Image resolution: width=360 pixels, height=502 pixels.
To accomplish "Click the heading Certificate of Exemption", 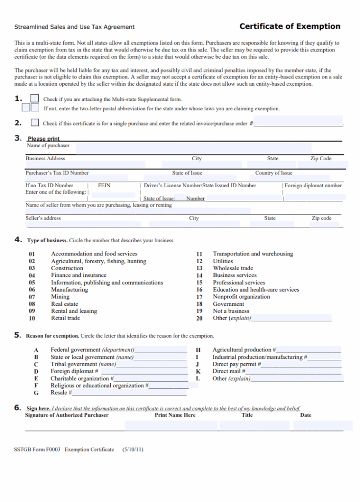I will pos(289,26).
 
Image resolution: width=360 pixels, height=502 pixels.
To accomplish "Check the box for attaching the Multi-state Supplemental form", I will pos(35,99).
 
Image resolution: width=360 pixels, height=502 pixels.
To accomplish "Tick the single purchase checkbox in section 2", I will pos(35,123).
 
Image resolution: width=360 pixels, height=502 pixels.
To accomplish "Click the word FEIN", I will pos(104,185).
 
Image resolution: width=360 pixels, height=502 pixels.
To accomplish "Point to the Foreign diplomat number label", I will pos(313,185).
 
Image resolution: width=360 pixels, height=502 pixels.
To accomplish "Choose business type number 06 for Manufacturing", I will pos(32,290).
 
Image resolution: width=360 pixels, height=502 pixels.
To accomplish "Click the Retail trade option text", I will pos(65,318).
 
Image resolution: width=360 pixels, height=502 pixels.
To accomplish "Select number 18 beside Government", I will pos(199,304).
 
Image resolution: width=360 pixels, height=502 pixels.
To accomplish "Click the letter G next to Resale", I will pos(36,393).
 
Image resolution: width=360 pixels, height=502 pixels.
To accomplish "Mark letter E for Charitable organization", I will pos(36,378).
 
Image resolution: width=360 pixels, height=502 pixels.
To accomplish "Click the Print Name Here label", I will pos(175,415).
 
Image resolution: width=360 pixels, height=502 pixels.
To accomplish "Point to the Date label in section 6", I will pos(305,415).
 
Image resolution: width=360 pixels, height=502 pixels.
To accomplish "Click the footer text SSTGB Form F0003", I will pos(37,449).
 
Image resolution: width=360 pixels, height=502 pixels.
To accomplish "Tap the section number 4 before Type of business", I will pos(18,240).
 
